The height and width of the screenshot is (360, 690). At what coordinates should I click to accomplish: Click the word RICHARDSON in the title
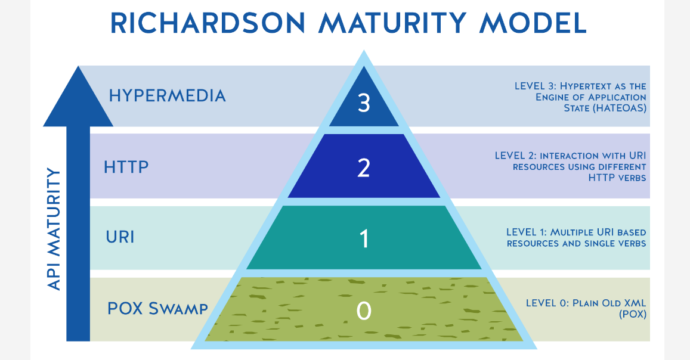(x=208, y=23)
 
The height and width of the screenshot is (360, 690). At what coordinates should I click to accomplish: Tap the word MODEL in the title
(x=533, y=23)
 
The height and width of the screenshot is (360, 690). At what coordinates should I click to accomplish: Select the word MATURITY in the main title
(x=392, y=23)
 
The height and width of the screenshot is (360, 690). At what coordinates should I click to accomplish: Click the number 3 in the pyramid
(x=364, y=103)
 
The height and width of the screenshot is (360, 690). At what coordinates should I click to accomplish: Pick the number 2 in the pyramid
(x=364, y=168)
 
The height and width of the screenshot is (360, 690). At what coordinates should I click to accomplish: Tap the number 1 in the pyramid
(x=364, y=239)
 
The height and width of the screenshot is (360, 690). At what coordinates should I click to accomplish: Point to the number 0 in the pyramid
(x=364, y=311)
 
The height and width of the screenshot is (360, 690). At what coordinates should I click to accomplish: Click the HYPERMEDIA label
(x=167, y=96)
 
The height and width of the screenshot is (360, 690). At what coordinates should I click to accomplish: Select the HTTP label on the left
(x=126, y=167)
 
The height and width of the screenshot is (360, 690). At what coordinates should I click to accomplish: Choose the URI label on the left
(x=120, y=237)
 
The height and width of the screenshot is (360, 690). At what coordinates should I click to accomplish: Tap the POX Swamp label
(x=157, y=308)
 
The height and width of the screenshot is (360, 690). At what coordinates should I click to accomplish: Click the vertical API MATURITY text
(x=54, y=229)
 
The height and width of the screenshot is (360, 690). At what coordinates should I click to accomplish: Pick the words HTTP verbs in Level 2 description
(x=617, y=178)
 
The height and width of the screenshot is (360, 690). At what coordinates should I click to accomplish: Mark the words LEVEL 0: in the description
(x=542, y=303)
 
